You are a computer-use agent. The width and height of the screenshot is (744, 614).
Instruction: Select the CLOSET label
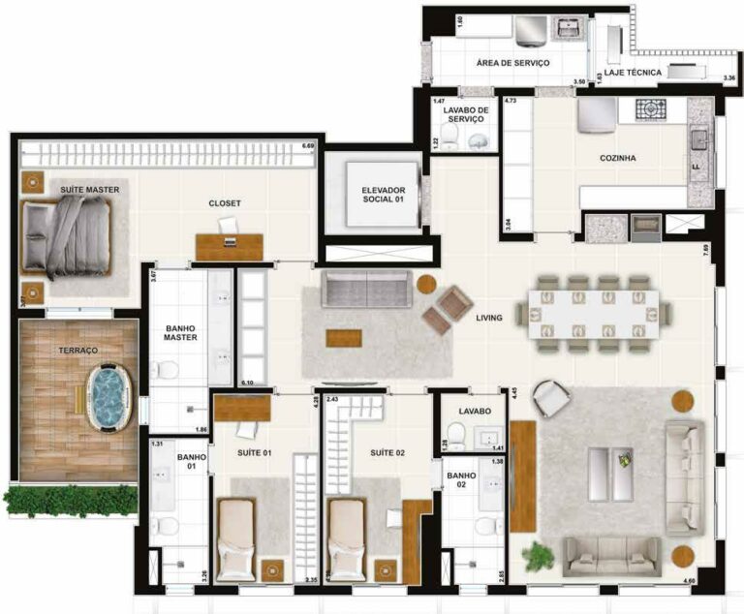pyautogui.click(x=225, y=203)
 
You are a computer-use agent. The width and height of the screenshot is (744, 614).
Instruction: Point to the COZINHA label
pyautogui.click(x=617, y=158)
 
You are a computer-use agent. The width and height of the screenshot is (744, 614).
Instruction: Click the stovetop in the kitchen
pyautogui.click(x=652, y=109)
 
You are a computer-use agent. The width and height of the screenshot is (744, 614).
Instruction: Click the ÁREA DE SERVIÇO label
pyautogui.click(x=512, y=63)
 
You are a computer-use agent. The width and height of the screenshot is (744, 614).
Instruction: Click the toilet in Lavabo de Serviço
pyautogui.click(x=478, y=141)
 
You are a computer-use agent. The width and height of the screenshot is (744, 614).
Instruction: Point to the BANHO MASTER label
pyautogui.click(x=179, y=332)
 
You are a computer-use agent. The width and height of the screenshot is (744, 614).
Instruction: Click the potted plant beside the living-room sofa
pyautogui.click(x=537, y=556)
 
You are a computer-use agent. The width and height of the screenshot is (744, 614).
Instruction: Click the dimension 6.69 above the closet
pyautogui.click(x=308, y=146)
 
